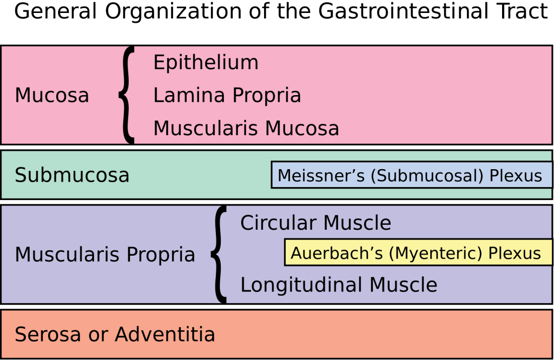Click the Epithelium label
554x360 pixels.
tap(206, 63)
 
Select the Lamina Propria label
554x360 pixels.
tap(227, 96)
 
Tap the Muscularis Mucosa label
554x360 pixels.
tap(246, 129)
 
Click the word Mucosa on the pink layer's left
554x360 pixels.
tap(51, 96)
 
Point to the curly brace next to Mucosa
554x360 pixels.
tap(126, 95)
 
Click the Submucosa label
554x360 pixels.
tap(71, 175)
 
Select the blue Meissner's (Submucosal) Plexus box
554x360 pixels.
tap(411, 175)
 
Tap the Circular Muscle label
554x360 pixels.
tap(315, 223)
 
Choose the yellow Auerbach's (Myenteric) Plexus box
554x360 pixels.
tap(418, 253)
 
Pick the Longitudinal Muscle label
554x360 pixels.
tap(338, 285)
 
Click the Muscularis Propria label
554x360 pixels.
tap(104, 255)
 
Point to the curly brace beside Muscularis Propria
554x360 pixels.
tap(219, 254)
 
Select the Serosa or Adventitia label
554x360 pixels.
tap(115, 335)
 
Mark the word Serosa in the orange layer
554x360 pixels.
tap(47, 335)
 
